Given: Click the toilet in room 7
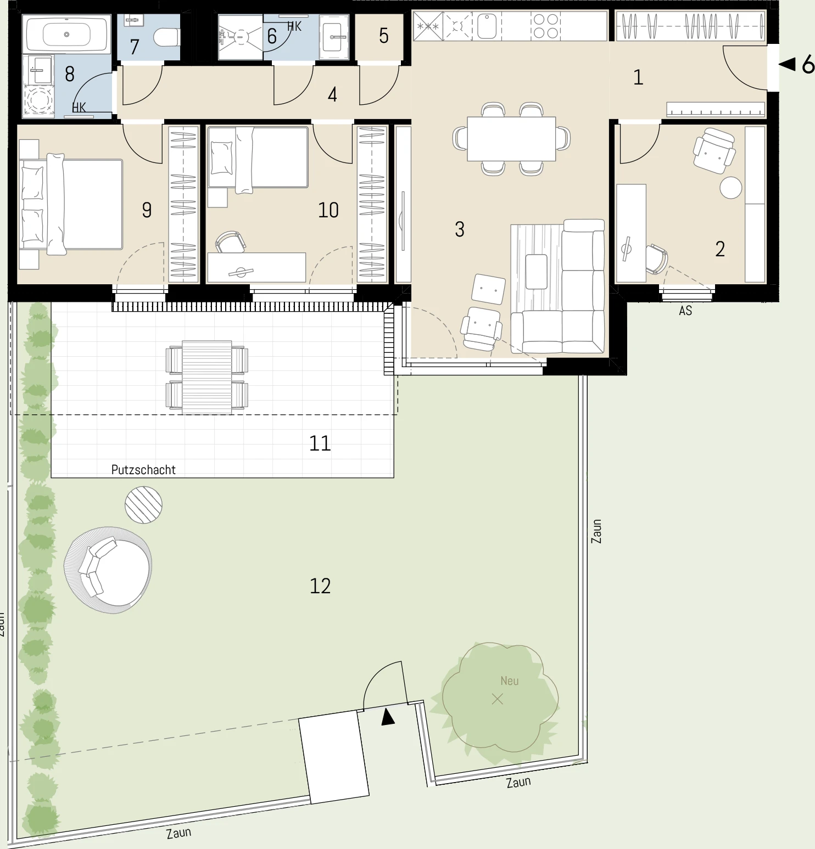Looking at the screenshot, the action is pyautogui.click(x=166, y=37).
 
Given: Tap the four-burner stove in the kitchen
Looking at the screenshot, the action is pyautogui.click(x=545, y=26).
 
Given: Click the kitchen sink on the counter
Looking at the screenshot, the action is pyautogui.click(x=487, y=26).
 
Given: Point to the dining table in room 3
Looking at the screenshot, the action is pyautogui.click(x=511, y=138).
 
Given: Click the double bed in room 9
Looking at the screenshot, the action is pyautogui.click(x=71, y=204).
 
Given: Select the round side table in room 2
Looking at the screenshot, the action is pyautogui.click(x=731, y=188).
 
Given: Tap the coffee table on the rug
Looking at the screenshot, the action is pyautogui.click(x=537, y=272).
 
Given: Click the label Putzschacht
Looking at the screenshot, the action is pyautogui.click(x=143, y=470).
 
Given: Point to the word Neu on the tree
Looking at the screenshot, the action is pyautogui.click(x=510, y=681).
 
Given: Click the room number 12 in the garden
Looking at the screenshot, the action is pyautogui.click(x=320, y=586).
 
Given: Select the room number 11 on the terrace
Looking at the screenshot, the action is pyautogui.click(x=320, y=443).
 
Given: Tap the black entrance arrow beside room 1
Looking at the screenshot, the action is pyautogui.click(x=788, y=65).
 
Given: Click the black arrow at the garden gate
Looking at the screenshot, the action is pyautogui.click(x=388, y=717).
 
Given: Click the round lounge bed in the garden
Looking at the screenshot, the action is pyautogui.click(x=108, y=570).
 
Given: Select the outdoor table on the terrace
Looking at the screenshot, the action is pyautogui.click(x=207, y=377).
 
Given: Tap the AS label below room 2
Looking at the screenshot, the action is pyautogui.click(x=685, y=311).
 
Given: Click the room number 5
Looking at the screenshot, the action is pyautogui.click(x=384, y=36).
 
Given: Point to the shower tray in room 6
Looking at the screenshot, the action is pyautogui.click(x=241, y=37).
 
